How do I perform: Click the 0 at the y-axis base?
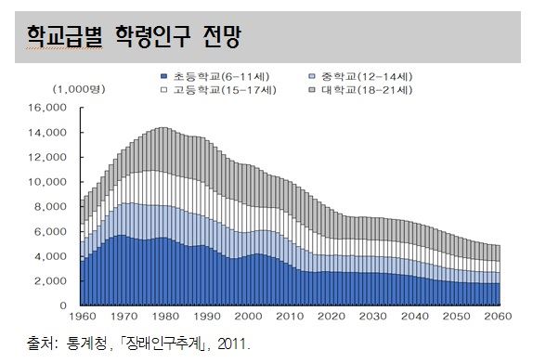coord(63,305)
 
